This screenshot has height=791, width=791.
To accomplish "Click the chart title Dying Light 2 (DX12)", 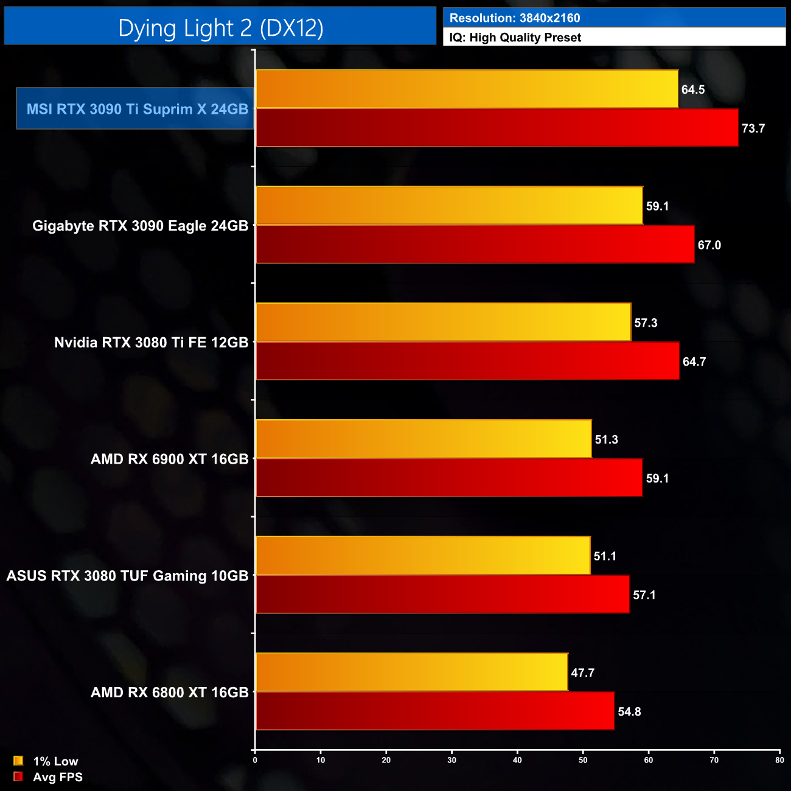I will click(220, 28).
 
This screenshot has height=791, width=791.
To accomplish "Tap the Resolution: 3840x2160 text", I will click(515, 18).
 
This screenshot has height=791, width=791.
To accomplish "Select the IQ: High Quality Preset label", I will click(515, 38).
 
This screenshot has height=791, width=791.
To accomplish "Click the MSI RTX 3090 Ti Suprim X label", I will click(137, 109).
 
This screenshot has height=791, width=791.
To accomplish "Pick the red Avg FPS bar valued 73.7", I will click(497, 128).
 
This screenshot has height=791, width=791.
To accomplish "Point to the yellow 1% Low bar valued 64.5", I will click(467, 89).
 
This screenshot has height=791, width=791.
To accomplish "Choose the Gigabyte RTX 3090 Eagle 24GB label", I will click(140, 226).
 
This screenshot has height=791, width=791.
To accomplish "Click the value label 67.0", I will click(709, 245).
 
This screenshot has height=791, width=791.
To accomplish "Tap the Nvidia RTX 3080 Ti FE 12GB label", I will click(151, 343).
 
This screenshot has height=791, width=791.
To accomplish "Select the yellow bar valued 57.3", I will click(443, 322).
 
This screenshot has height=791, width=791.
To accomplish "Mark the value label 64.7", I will click(694, 362).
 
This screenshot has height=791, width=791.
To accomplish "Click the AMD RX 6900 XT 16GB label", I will click(169, 459).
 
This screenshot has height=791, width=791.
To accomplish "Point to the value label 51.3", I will click(606, 440).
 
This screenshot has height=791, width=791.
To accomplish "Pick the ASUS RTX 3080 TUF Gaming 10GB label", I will click(127, 576).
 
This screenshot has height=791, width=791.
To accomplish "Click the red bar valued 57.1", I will click(442, 594).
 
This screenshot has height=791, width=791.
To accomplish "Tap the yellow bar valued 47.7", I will click(411, 672).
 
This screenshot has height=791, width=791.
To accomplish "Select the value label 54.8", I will click(629, 712).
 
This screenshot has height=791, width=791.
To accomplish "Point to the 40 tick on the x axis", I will click(517, 760).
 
